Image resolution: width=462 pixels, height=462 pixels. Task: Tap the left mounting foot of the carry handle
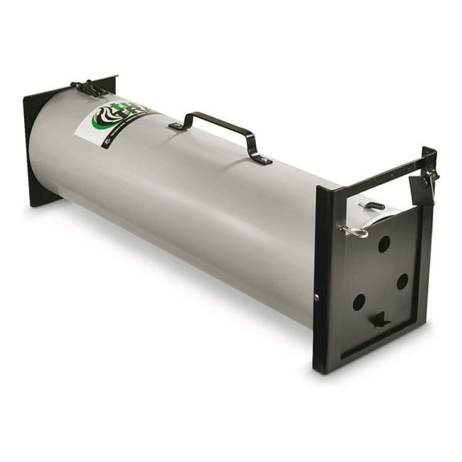click(x=176, y=127)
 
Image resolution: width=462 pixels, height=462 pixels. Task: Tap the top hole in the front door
click(x=384, y=244)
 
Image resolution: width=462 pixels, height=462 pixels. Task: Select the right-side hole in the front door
click(x=402, y=281)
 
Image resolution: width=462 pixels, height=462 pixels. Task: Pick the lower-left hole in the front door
click(x=359, y=302)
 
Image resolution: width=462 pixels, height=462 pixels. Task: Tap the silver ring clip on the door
click(x=354, y=232)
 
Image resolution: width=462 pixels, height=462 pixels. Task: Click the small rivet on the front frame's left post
click(x=316, y=298)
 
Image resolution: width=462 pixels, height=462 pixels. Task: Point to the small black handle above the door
click(x=375, y=206)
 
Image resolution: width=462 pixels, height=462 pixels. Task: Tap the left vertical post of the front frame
click(x=323, y=281)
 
